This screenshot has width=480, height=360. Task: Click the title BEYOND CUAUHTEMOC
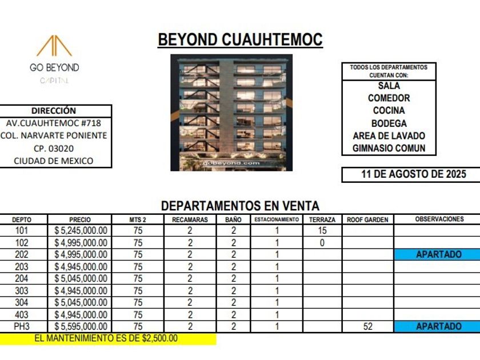[x=240, y=40]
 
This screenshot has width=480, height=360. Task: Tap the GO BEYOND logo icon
[x=54, y=47]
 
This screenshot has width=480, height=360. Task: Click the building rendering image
[x=231, y=113]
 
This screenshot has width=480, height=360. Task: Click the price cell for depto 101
[x=81, y=231]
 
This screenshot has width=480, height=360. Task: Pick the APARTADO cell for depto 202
[x=438, y=255]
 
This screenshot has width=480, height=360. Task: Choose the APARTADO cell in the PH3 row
[x=438, y=326]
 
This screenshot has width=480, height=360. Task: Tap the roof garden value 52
[x=367, y=326]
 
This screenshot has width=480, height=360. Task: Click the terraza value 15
[x=322, y=231]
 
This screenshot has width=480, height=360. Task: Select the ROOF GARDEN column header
[x=367, y=219]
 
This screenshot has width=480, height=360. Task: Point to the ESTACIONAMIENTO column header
[x=277, y=219]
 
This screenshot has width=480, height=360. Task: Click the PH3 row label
[x=22, y=326]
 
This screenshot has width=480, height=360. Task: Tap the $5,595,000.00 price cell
[x=81, y=326]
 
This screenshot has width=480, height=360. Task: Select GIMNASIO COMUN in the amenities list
[x=389, y=149]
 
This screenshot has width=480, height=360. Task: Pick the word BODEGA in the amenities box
[x=389, y=123]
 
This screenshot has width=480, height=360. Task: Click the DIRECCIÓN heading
[x=54, y=111]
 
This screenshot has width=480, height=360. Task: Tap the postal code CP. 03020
[x=54, y=149]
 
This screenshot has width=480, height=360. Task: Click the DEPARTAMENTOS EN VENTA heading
[x=240, y=206]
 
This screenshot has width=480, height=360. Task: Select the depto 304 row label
[x=22, y=302]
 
